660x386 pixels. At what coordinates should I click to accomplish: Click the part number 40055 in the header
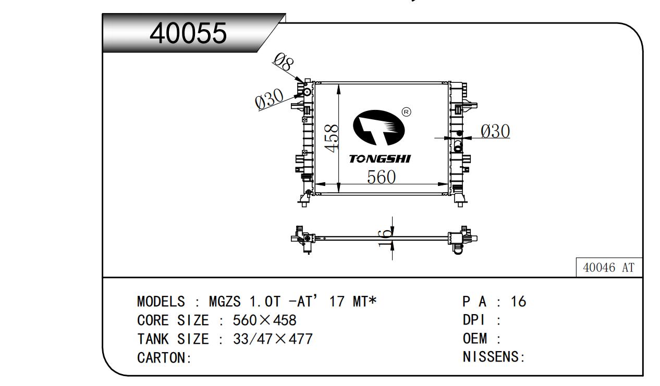click(188, 34)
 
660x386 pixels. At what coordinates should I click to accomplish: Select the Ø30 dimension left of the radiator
click(269, 98)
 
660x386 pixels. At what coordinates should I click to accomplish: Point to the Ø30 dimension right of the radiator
click(495, 132)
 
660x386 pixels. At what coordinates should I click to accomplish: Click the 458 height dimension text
click(332, 138)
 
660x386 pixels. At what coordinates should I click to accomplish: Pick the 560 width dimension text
click(381, 177)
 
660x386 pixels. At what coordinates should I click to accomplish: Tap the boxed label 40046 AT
click(609, 268)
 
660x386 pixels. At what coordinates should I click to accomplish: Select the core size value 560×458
click(264, 320)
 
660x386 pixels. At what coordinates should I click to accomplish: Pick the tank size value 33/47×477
click(272, 339)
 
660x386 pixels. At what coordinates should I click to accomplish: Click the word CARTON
click(161, 358)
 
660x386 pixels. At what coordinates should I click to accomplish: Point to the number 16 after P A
click(518, 302)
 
